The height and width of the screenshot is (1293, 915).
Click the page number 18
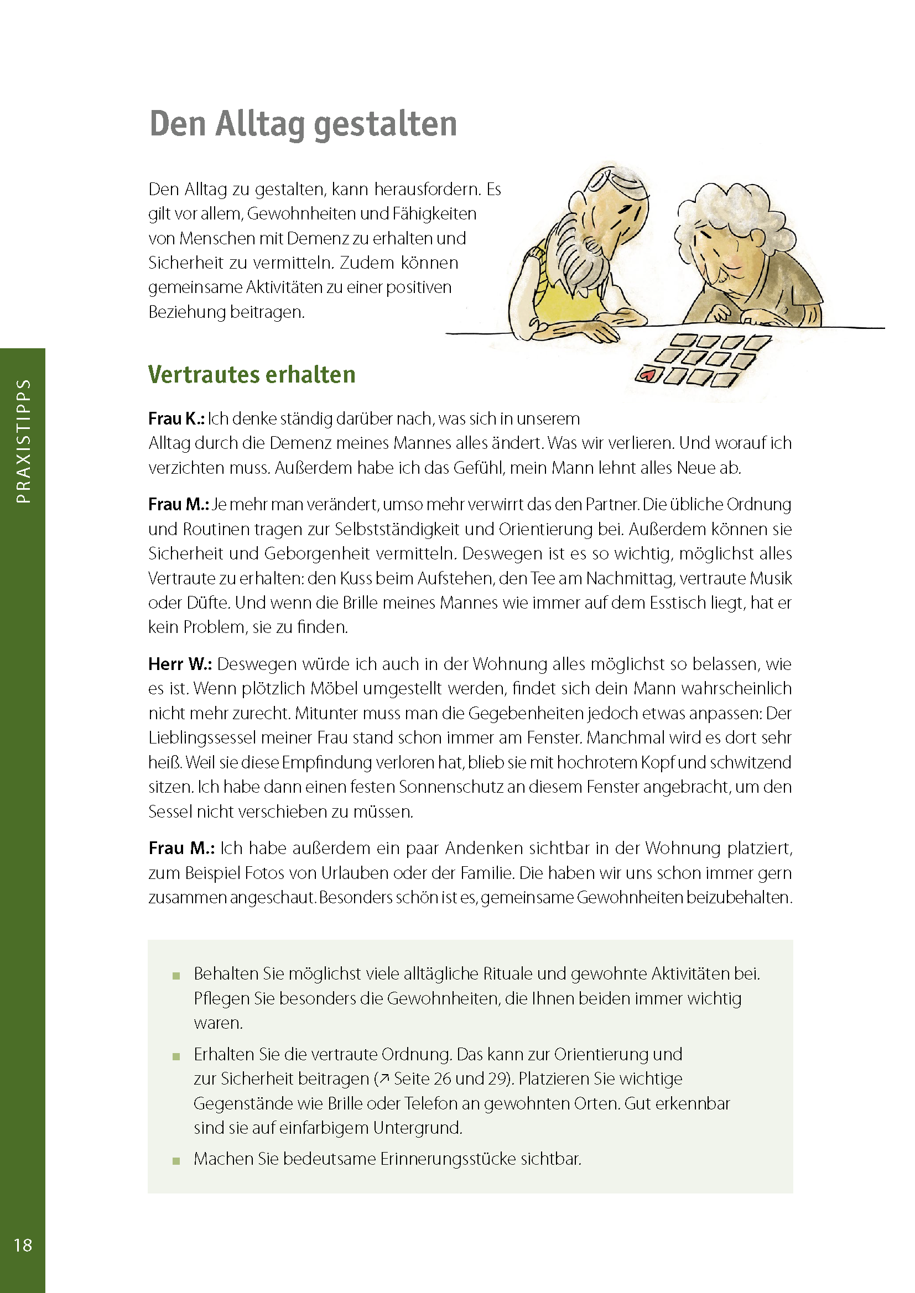click(23, 1245)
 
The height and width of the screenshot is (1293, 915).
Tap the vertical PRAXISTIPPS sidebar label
click(23, 441)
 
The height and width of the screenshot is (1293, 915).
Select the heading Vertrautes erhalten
click(252, 375)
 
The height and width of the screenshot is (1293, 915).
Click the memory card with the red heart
click(648, 374)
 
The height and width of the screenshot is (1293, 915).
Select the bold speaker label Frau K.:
click(176, 419)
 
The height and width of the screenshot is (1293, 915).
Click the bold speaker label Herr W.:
click(180, 664)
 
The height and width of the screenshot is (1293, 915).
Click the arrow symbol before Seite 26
click(384, 1079)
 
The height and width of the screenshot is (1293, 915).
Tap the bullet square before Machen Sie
click(176, 1160)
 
